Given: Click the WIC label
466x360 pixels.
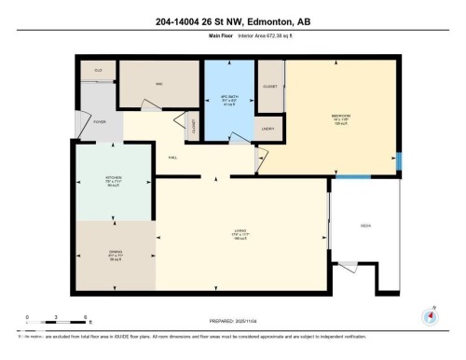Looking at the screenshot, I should (159, 84).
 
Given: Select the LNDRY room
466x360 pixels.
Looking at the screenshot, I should (268, 130).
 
